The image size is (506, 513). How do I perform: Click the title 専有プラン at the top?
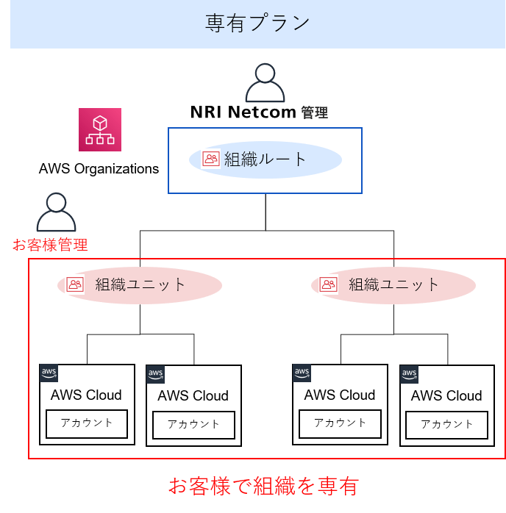(257, 24)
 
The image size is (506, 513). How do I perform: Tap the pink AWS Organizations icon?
(100, 129)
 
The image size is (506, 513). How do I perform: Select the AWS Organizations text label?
(99, 168)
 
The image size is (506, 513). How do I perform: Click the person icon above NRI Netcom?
(265, 82)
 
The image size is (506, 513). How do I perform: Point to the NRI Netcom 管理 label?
(259, 112)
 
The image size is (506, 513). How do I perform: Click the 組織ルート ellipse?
(265, 159)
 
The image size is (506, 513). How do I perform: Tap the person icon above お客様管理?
(56, 213)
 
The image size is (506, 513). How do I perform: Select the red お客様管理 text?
(50, 245)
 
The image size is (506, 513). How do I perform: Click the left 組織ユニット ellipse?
(140, 284)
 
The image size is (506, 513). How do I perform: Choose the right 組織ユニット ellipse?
(393, 284)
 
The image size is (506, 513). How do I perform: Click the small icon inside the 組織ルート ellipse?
(211, 159)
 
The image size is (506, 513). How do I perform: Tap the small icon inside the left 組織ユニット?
(74, 284)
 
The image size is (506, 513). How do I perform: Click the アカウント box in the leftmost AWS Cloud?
(87, 423)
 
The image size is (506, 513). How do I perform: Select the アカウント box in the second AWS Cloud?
(193, 425)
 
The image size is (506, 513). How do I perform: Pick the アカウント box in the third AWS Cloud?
(340, 423)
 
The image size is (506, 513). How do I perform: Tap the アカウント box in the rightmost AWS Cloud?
(446, 425)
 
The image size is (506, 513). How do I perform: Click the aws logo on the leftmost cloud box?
(49, 373)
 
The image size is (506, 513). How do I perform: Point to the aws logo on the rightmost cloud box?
(409, 375)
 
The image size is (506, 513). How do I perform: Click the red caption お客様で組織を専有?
(263, 486)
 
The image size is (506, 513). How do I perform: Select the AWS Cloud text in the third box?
(340, 395)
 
